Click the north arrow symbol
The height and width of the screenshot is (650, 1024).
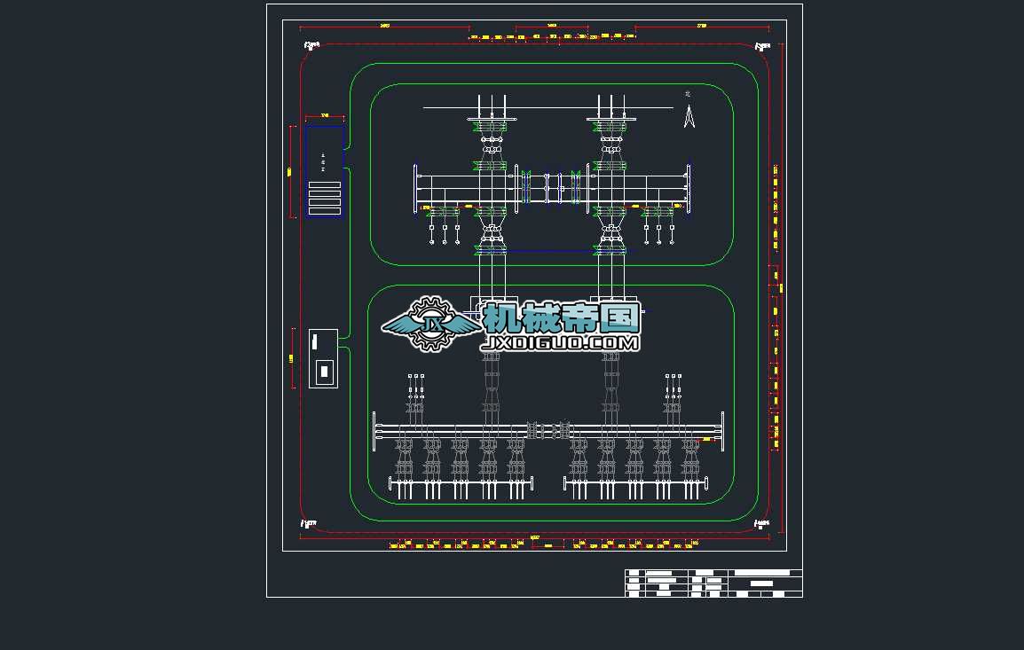tap(689, 116)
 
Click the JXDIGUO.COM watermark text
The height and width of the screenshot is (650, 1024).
tap(561, 342)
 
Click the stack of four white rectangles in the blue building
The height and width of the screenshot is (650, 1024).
tap(325, 199)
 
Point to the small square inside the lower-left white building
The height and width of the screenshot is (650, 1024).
tap(324, 371)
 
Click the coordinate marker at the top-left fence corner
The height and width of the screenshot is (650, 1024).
tap(311, 45)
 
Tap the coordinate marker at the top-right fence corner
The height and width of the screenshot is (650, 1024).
tap(761, 46)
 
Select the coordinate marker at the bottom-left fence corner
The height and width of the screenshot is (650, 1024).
tap(309, 524)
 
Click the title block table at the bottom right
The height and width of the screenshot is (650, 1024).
tap(713, 583)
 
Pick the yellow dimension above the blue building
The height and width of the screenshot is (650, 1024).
tap(325, 115)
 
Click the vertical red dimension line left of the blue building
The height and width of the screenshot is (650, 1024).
tap(292, 172)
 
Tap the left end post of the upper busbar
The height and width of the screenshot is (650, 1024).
tap(416, 188)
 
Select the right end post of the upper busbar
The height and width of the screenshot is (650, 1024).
tap(689, 188)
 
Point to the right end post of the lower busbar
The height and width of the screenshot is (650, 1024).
tap(722, 432)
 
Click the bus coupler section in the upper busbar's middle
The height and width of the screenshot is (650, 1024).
tap(552, 188)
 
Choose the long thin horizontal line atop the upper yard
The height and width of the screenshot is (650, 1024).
tap(547, 108)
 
